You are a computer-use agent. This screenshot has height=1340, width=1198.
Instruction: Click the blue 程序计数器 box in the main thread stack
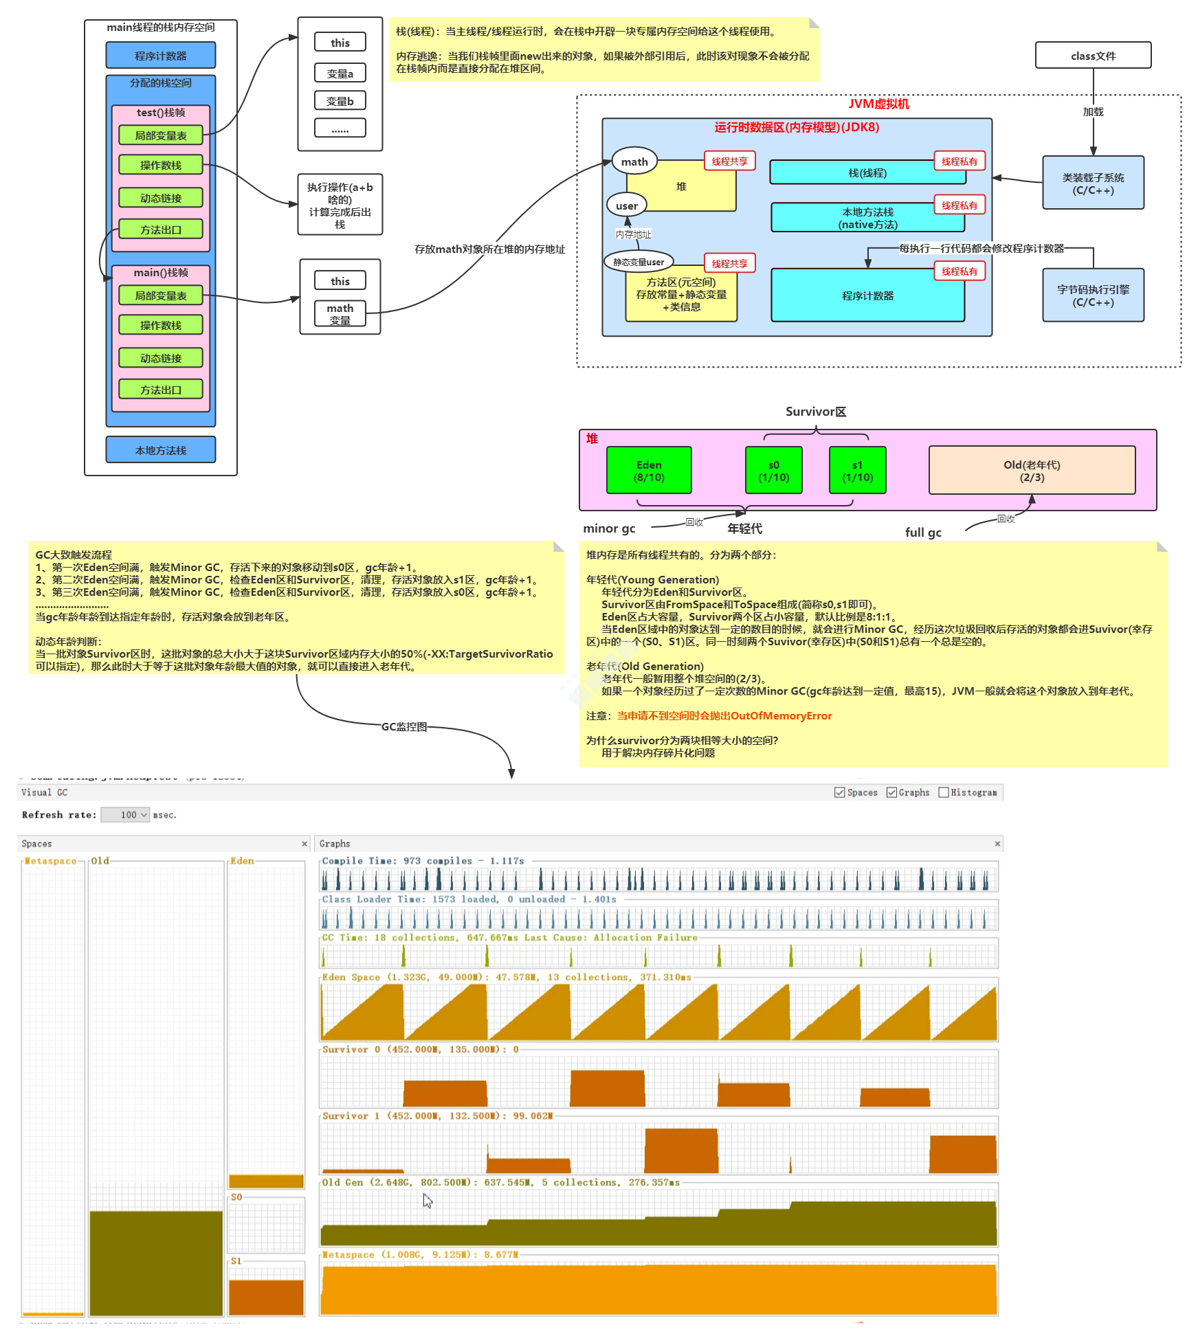(160, 56)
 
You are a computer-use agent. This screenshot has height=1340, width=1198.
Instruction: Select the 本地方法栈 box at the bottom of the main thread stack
(160, 450)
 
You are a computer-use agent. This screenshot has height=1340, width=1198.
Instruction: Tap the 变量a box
(340, 74)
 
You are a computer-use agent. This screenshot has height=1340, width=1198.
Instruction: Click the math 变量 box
(340, 314)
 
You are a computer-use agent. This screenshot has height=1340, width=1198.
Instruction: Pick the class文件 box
(1093, 56)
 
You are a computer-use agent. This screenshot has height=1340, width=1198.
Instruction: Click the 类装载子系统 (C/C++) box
(1093, 183)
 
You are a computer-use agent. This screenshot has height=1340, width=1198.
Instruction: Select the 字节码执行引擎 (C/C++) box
(1093, 295)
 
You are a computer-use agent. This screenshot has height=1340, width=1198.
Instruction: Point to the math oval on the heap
(634, 162)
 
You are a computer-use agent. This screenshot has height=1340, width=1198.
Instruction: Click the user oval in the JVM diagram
(626, 205)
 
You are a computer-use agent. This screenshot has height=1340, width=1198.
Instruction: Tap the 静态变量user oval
(639, 262)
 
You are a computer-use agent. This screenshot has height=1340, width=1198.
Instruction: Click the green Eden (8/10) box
(649, 471)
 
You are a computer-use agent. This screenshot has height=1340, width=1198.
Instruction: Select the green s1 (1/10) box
(857, 471)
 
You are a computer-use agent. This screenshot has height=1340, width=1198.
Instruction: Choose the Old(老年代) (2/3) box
(1031, 471)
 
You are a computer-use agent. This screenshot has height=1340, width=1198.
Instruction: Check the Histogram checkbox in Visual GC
(944, 792)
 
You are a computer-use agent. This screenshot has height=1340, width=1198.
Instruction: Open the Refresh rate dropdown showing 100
(125, 815)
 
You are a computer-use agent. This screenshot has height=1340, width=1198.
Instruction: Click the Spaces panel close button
(304, 844)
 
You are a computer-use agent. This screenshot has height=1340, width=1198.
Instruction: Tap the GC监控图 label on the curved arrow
(404, 726)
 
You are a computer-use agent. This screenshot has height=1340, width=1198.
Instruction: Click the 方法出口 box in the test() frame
(160, 230)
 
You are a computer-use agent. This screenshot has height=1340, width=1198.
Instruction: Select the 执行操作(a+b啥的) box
(340, 205)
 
